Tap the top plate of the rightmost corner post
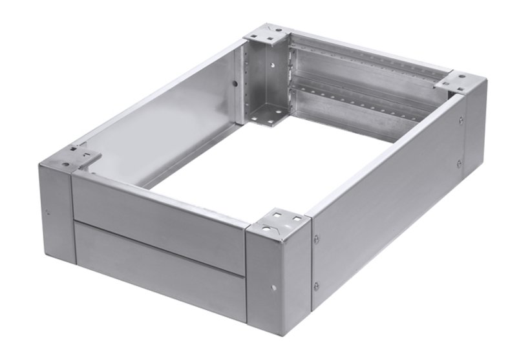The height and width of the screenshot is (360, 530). [458, 82]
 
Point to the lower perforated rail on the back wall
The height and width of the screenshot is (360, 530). [362, 102]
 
